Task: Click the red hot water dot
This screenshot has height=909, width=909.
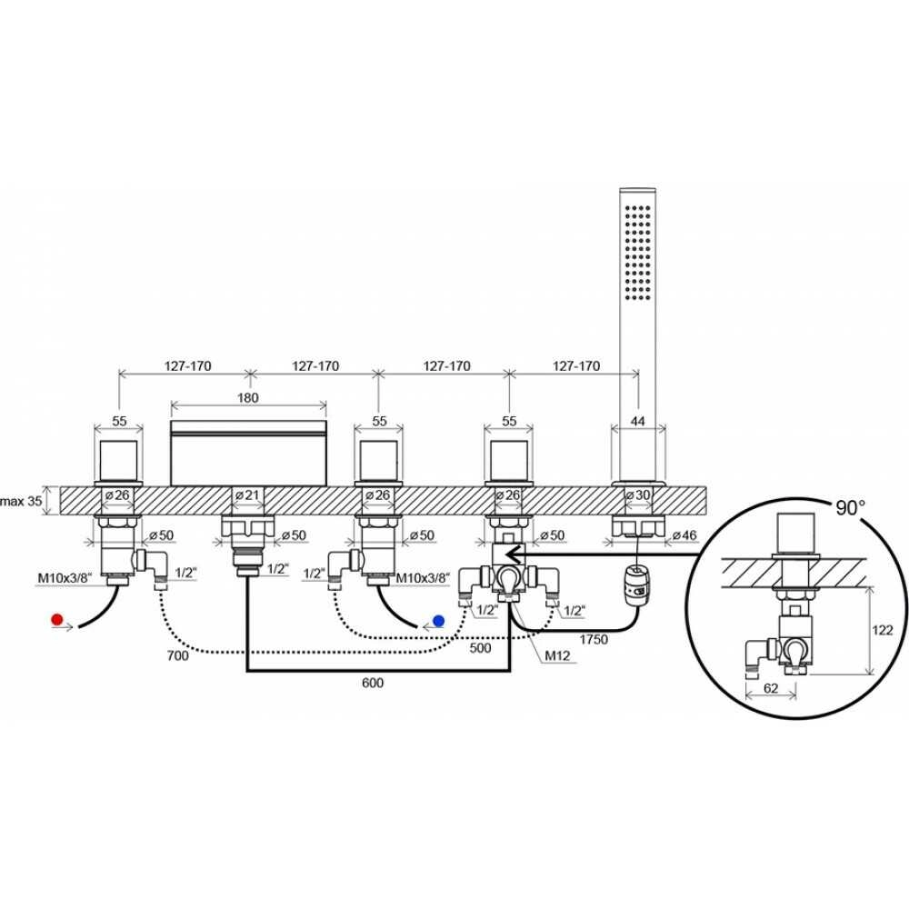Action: (56, 619)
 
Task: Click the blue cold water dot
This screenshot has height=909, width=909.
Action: (438, 621)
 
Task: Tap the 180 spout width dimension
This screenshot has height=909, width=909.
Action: (247, 398)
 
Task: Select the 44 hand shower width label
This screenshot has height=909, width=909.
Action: (637, 421)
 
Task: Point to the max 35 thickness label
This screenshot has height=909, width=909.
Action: (21, 501)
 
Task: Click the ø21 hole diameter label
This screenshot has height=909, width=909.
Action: (247, 495)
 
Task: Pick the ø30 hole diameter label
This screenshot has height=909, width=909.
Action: (637, 495)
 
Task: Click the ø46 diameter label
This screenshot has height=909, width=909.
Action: (684, 535)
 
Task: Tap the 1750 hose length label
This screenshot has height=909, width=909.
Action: (593, 639)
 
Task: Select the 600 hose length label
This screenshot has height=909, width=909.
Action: (372, 683)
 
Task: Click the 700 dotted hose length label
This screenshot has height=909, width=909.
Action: (177, 655)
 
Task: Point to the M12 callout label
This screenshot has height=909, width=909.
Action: (557, 655)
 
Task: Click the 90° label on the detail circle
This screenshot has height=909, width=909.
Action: (850, 508)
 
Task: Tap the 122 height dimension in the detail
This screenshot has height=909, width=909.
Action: (883, 630)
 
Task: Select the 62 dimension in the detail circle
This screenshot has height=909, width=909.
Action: (771, 688)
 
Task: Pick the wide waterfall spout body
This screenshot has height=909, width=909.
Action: (248, 454)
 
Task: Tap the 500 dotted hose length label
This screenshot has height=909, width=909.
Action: (480, 647)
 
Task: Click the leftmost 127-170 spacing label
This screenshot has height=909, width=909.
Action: (188, 366)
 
